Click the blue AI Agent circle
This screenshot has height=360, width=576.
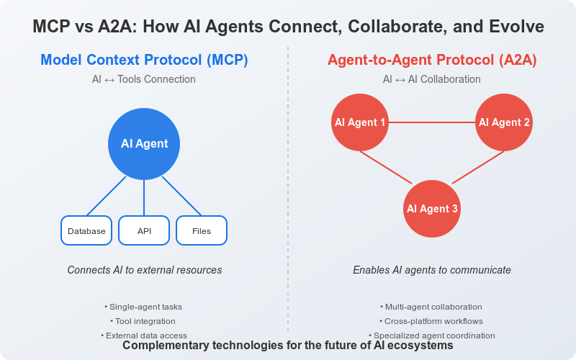(144, 144)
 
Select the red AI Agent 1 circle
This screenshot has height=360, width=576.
(360, 122)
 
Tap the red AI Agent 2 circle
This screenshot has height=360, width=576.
(504, 122)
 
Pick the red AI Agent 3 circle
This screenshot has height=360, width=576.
(432, 209)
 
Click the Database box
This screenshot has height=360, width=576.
(86, 231)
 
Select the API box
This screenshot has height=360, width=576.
(144, 231)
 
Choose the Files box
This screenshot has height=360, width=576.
(202, 231)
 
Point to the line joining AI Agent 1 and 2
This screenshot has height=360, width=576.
(432, 122)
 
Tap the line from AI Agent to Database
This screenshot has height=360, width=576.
(107, 195)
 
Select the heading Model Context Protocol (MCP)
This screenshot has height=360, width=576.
(144, 60)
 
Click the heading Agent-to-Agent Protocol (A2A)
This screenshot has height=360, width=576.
(432, 60)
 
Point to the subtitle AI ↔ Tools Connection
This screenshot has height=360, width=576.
(144, 79)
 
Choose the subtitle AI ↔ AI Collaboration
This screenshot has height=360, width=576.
(432, 79)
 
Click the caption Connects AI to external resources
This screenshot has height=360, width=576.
(144, 270)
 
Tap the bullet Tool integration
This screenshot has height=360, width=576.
(144, 321)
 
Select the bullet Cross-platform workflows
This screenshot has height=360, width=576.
(432, 321)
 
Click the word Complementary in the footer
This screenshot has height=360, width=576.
(166, 346)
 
